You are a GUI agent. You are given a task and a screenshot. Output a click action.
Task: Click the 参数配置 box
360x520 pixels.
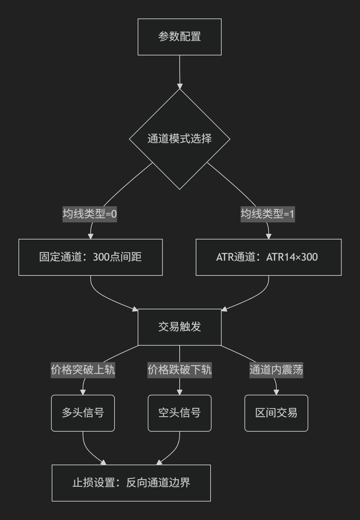tap(179, 37)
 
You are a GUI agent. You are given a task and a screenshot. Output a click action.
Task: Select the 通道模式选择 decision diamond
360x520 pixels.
tap(179, 139)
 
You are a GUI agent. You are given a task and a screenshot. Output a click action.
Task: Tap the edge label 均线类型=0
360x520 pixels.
tap(90, 214)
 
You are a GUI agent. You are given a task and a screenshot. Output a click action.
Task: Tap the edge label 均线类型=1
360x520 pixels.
tap(268, 214)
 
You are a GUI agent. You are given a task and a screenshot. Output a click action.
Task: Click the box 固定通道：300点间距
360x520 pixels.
tap(91, 257)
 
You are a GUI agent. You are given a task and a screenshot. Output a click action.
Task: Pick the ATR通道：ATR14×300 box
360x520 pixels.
tap(269, 257)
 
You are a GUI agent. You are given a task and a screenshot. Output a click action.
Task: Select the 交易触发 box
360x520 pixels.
tap(179, 327)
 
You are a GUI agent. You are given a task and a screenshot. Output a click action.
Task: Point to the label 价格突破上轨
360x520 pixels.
tap(83, 370)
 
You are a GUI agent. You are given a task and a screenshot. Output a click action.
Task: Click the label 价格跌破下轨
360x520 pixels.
tap(179, 370)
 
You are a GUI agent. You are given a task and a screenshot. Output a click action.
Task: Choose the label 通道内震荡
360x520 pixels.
tap(276, 370)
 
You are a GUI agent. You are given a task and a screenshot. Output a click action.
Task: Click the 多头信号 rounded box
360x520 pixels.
tap(83, 413)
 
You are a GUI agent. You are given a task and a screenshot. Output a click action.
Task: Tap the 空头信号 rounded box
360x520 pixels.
tap(179, 413)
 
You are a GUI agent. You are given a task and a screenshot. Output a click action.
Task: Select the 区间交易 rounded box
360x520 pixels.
tap(276, 413)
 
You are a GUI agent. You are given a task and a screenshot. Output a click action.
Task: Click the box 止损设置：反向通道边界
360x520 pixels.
tap(131, 483)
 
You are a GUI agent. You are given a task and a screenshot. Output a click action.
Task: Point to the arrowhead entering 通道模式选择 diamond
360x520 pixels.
tap(180, 86)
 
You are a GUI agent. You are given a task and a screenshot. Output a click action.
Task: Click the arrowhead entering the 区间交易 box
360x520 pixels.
tap(276, 392)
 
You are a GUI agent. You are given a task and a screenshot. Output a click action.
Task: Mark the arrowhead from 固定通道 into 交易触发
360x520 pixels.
tap(135, 309)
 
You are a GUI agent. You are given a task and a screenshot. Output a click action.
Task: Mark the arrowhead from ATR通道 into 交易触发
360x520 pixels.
tap(224, 309)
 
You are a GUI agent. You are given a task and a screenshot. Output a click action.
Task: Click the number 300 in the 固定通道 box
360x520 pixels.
tap(101, 257)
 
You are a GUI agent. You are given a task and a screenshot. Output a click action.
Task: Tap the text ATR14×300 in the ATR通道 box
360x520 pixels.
tap(292, 257)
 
